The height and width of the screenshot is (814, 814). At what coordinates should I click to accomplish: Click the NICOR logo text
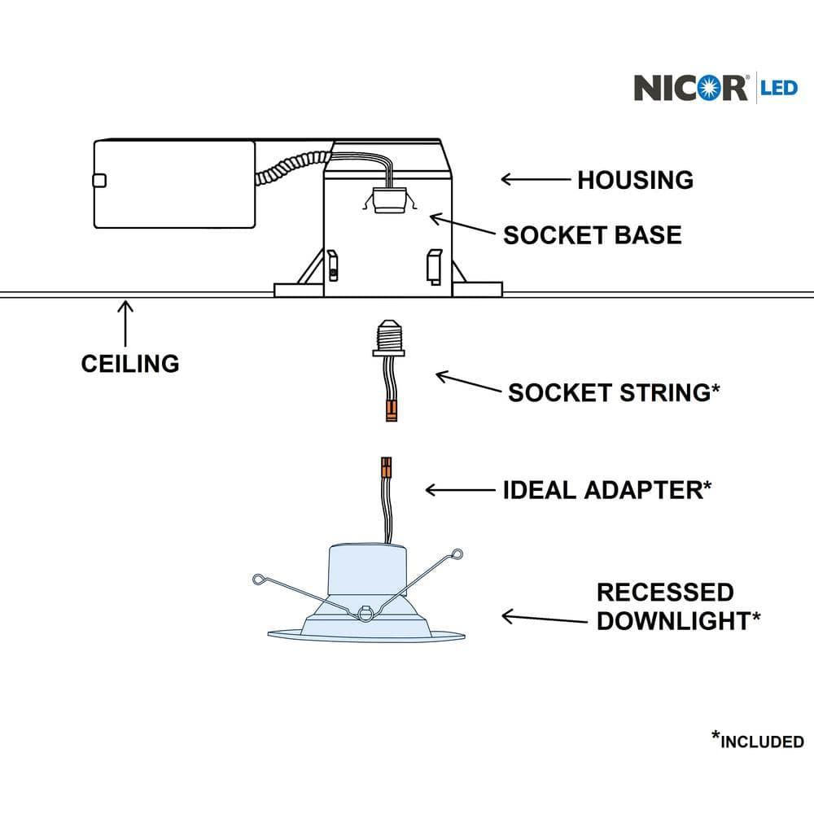coord(690,87)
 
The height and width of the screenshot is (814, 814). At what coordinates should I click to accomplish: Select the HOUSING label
coord(635,180)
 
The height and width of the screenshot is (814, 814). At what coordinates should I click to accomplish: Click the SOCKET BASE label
coord(592,235)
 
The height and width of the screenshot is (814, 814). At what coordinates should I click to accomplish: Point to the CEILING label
coord(130,363)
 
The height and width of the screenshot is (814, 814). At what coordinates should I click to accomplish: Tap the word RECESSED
coord(665,592)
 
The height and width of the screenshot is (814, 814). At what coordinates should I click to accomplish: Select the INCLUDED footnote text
coord(762,741)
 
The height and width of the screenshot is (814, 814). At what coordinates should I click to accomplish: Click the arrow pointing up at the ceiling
coord(125,322)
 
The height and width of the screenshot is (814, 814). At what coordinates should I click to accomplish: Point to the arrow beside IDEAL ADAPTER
coord(460,490)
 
